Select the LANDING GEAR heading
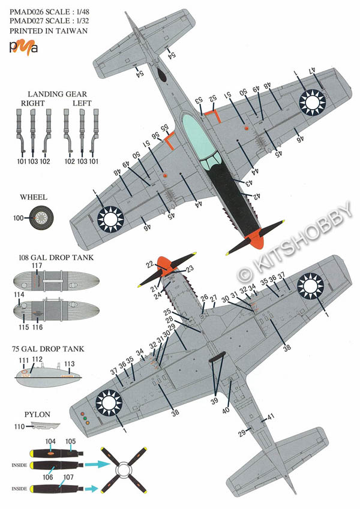click(57, 94)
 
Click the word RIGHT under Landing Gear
click(32, 103)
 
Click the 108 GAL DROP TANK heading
click(50, 258)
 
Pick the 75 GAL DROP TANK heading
click(48, 348)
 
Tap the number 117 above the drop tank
click(37, 266)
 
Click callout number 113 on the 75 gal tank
click(69, 364)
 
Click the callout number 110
click(18, 426)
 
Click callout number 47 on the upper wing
click(313, 71)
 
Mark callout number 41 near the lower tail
click(271, 417)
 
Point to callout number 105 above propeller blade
click(70, 441)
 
